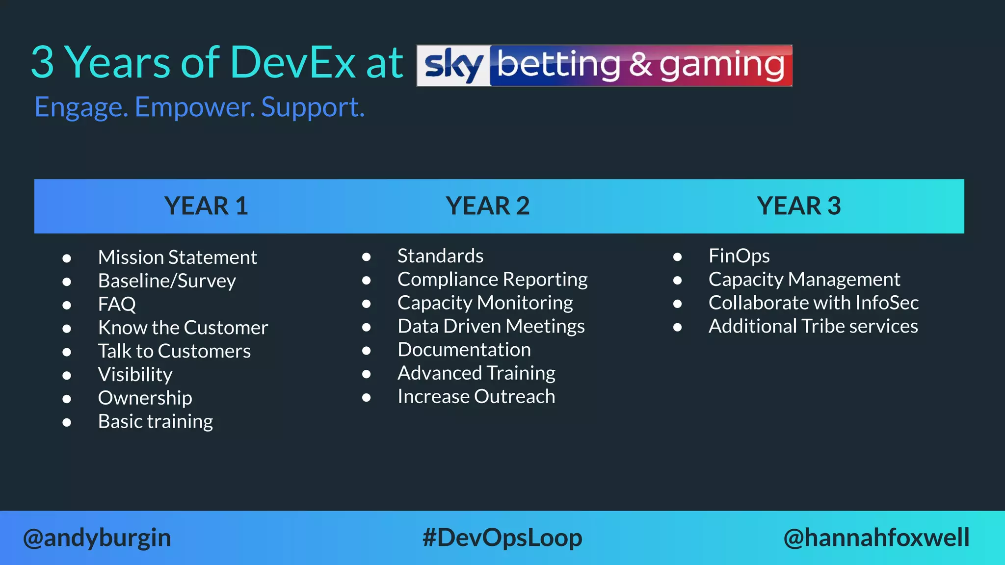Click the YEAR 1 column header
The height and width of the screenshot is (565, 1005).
click(206, 206)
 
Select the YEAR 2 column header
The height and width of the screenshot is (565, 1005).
click(488, 206)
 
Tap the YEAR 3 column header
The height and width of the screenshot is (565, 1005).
click(798, 206)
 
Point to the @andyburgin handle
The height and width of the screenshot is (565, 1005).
click(97, 538)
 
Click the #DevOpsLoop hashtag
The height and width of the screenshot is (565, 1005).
click(502, 538)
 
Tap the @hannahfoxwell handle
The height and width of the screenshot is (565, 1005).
click(876, 538)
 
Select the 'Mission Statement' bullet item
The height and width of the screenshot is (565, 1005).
click(177, 257)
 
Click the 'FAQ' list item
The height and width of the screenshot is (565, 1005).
click(117, 305)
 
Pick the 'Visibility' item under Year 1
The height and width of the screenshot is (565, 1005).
click(135, 375)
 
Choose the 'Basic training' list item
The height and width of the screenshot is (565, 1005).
click(156, 422)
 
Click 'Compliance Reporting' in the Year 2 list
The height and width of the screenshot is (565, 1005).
click(492, 280)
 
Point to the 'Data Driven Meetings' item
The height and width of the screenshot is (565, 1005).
click(491, 327)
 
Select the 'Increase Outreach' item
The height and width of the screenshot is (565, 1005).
click(476, 397)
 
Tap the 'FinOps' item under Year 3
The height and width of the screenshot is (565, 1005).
click(739, 256)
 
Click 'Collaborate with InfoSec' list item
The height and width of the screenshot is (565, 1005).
click(813, 303)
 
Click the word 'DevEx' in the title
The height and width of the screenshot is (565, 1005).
click(292, 62)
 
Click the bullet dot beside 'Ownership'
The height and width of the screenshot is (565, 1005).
click(67, 399)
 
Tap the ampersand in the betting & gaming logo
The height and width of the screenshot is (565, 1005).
click(641, 65)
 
